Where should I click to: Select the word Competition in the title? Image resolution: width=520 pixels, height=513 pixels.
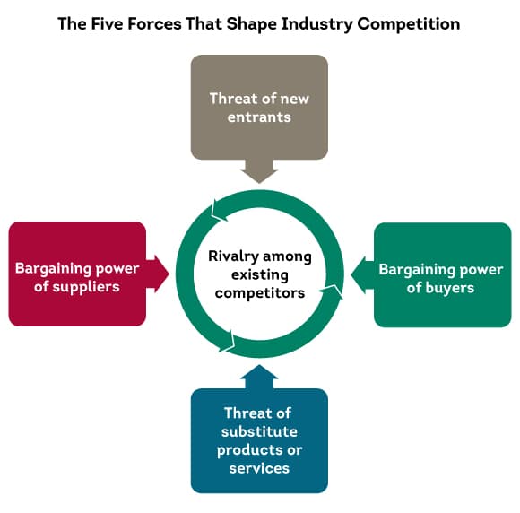click(409, 23)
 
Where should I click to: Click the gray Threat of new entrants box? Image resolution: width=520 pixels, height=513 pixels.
click(259, 107)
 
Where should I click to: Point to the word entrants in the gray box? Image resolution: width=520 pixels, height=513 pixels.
click(259, 117)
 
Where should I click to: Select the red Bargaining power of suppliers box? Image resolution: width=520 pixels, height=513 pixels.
click(77, 274)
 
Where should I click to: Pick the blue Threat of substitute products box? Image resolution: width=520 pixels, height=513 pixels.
click(259, 440)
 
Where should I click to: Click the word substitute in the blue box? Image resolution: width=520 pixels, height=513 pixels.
click(259, 431)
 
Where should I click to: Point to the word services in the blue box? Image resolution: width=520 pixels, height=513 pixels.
click(259, 467)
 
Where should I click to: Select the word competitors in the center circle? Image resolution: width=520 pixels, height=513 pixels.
click(259, 292)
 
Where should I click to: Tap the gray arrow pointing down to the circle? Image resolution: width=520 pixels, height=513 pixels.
click(259, 170)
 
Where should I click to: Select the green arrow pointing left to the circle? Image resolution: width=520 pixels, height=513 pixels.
click(361, 274)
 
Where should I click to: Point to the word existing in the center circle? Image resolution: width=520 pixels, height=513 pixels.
click(259, 274)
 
